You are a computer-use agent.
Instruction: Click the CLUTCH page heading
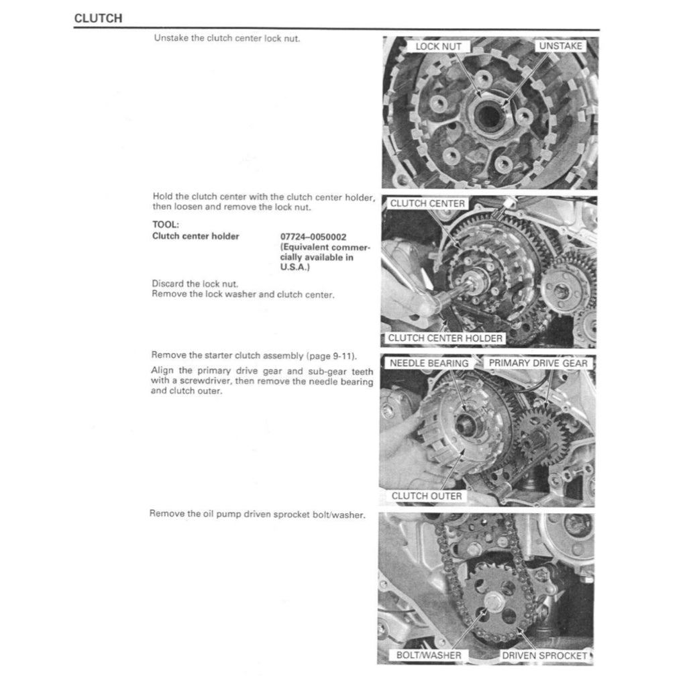[98, 19]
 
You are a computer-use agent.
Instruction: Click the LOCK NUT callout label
[438, 46]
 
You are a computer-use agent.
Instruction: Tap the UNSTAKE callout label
[561, 46]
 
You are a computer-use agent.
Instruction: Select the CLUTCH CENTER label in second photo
[427, 203]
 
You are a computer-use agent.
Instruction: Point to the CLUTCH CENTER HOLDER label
[445, 338]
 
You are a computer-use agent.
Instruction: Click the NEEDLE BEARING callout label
[429, 363]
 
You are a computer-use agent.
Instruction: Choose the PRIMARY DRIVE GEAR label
[537, 363]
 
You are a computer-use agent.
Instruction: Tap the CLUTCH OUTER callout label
[427, 496]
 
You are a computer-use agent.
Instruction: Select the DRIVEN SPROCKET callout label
[545, 654]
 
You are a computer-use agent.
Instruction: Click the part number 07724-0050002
[313, 236]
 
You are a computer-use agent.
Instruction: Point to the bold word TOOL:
[165, 225]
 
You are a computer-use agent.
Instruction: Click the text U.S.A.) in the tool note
[295, 267]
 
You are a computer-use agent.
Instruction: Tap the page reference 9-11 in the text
[343, 355]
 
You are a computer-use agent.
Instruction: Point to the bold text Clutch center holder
[195, 236]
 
